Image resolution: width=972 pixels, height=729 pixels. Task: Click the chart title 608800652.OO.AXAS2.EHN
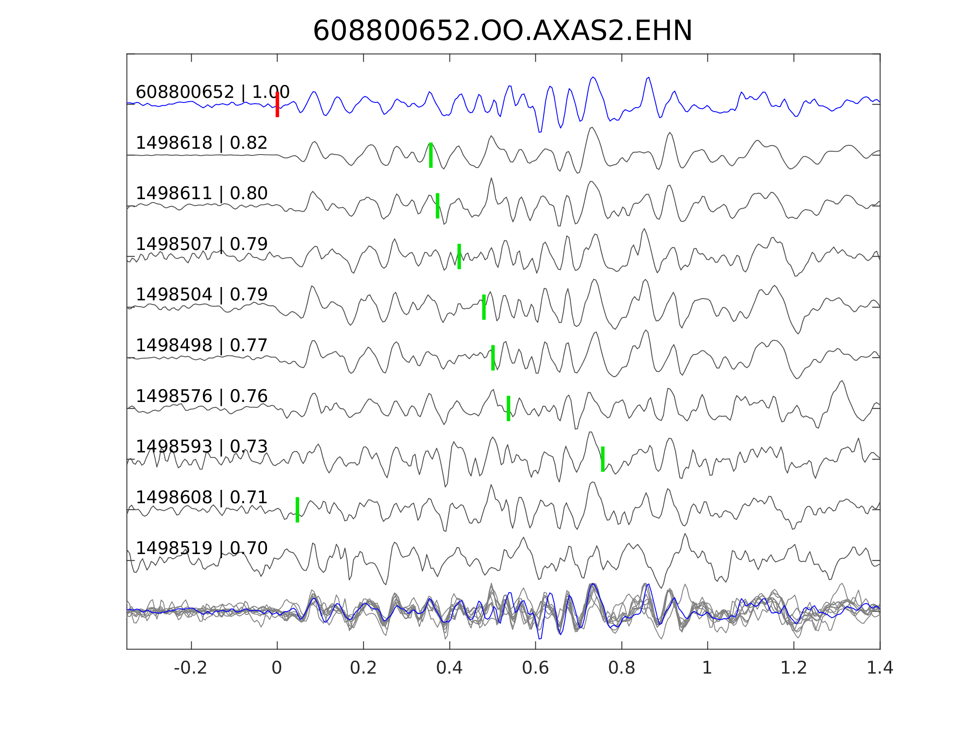pos(502,31)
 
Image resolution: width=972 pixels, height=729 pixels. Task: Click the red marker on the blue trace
pos(277,105)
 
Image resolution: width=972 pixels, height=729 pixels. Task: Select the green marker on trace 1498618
pos(431,155)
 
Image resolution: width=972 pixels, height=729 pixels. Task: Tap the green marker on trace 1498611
pos(437,206)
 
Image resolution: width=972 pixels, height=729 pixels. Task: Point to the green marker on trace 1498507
pos(459,256)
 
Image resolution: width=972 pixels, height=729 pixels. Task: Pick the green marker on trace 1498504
pos(484,307)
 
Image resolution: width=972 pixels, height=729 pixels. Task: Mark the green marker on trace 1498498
pos(493,358)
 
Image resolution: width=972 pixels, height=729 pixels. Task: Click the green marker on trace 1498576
pos(508,408)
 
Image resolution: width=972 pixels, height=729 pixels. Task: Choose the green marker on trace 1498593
pos(603,459)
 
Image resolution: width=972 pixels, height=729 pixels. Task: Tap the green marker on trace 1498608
pos(297,510)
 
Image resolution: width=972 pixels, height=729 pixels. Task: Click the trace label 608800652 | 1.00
pos(212,92)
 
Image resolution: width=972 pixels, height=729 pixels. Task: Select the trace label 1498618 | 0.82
pos(202,143)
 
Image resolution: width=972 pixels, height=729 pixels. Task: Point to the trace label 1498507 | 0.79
pos(202,244)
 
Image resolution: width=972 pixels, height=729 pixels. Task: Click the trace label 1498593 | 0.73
pos(202,447)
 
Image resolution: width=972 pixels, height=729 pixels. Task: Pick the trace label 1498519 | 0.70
pos(202,548)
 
